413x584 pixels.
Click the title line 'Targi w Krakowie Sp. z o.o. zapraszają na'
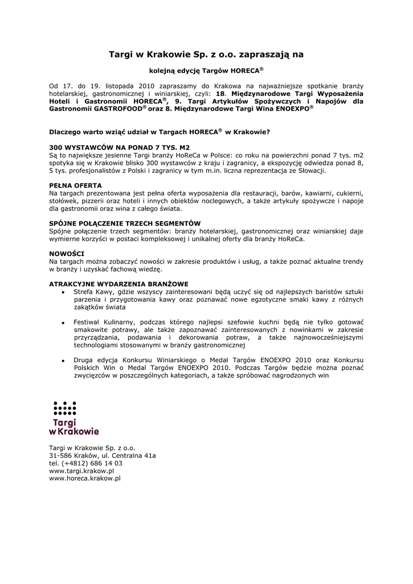(206, 55)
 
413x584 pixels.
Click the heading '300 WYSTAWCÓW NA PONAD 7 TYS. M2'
(120, 147)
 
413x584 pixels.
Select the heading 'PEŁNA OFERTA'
(76, 185)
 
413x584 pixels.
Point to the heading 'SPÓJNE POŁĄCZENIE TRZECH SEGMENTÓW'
(125, 223)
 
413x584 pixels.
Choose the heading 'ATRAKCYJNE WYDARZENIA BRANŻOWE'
(118, 284)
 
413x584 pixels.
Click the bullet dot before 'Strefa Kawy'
(63, 293)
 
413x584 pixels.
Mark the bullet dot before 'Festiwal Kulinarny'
(63, 323)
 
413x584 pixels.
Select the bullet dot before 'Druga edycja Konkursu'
(63, 361)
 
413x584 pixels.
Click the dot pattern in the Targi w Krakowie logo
(65, 408)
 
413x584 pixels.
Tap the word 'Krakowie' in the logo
(79, 432)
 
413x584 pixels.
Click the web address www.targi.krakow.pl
(81, 471)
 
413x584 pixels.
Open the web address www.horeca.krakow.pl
(85, 479)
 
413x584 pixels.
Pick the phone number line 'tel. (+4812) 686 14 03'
(85, 463)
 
